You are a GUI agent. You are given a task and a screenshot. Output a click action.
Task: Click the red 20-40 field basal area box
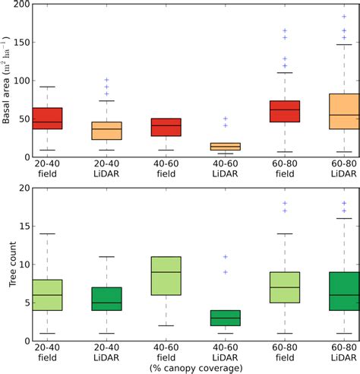tap(48, 119)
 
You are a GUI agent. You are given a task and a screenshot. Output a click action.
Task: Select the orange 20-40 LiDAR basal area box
tap(106, 130)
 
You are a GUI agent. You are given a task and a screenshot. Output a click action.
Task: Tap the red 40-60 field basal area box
tap(166, 127)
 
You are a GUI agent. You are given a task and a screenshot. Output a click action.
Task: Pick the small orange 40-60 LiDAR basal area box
tap(225, 146)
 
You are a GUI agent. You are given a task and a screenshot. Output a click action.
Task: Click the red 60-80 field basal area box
tap(284, 112)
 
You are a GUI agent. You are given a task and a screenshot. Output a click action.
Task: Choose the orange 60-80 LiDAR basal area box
tap(343, 112)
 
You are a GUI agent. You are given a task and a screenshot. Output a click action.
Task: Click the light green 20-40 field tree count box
tap(48, 295)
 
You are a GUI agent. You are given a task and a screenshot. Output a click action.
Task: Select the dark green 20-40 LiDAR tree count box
tap(106, 299)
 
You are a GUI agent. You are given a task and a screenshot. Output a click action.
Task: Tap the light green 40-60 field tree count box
tap(166, 276)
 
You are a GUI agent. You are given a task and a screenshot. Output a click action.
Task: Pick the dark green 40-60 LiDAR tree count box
tap(225, 318)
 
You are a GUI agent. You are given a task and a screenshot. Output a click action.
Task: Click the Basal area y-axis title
tap(7, 80)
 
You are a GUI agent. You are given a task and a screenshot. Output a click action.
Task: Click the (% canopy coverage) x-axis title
tap(196, 369)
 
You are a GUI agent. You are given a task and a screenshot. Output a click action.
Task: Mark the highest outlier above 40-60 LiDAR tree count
tap(225, 256)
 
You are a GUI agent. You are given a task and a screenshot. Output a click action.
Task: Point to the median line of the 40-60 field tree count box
tap(166, 272)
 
